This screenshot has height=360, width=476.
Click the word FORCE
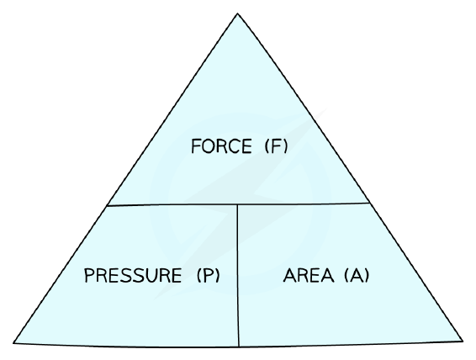coord(221,146)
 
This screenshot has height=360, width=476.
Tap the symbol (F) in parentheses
coord(276,146)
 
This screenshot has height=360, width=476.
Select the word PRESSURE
coord(133,275)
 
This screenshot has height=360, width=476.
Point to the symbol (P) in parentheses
coord(209,275)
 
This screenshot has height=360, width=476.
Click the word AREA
coord(309,275)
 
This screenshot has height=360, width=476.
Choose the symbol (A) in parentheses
coord(357,275)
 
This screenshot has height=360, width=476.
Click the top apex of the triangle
coord(237,13)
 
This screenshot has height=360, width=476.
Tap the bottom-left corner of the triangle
coord(13,343)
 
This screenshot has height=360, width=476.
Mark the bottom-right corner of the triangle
coord(463,341)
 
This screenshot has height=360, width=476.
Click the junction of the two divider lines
coord(237,204)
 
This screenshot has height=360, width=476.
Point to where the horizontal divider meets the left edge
coord(107,206)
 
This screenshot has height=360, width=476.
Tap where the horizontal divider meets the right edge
coord(369,203)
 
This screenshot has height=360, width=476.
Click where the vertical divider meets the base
coord(239,347)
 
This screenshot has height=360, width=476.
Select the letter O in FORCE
coord(209,146)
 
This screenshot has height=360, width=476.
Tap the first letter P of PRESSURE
coord(89,275)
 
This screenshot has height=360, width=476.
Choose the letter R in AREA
coord(303,275)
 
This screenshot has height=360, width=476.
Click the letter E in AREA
coord(315,275)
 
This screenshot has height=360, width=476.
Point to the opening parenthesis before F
coord(267,146)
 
